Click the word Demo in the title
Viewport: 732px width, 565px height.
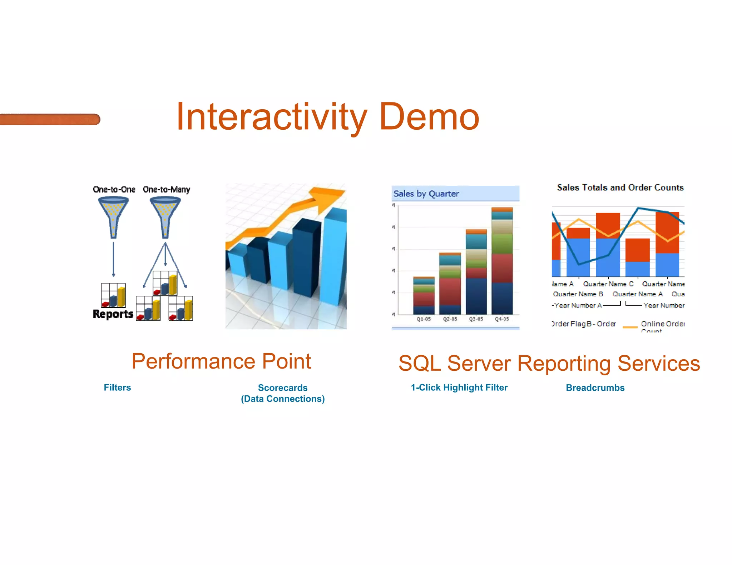(x=429, y=117)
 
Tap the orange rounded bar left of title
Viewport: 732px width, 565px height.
(x=50, y=119)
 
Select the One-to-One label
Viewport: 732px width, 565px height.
(x=114, y=189)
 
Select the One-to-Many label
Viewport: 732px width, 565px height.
(x=166, y=189)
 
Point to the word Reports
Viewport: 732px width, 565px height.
(x=113, y=314)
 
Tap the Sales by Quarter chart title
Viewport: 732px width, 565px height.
(x=426, y=194)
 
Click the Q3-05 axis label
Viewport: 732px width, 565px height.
(x=476, y=319)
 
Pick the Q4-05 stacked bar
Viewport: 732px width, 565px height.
(x=502, y=261)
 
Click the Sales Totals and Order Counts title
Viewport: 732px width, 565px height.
(x=620, y=187)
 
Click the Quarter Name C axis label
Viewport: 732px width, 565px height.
(x=608, y=284)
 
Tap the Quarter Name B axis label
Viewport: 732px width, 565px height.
(x=578, y=294)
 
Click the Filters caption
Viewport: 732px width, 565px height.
(x=117, y=387)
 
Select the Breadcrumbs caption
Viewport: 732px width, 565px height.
(x=595, y=388)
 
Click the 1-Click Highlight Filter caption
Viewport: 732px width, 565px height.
(x=459, y=387)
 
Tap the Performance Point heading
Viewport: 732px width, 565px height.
(x=221, y=361)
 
